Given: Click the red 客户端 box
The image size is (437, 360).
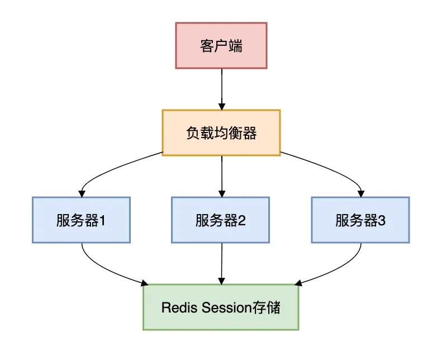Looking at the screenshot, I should [221, 45].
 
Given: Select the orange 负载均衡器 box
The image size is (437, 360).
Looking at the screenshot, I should [221, 132].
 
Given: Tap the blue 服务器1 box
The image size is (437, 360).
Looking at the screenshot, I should [81, 220].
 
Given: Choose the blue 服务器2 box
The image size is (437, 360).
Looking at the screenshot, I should [221, 220].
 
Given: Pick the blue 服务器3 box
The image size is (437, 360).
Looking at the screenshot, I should [360, 220].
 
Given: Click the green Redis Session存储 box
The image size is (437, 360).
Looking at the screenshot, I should [221, 307].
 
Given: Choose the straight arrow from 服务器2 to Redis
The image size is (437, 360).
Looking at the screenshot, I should [222, 263].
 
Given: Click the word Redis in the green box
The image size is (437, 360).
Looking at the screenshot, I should [176, 307].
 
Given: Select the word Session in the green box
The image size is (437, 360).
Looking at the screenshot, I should [222, 307].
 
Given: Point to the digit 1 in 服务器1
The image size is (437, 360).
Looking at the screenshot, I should [103, 220].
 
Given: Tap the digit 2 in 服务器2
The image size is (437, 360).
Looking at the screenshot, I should [243, 220].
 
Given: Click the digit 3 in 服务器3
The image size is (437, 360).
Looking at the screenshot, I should [382, 220].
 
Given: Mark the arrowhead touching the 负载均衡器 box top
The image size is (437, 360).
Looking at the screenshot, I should [222, 106].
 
